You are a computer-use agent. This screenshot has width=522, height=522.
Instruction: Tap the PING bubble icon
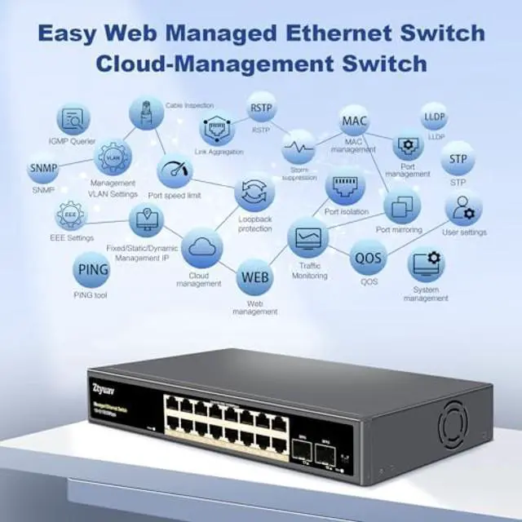(x=91, y=270)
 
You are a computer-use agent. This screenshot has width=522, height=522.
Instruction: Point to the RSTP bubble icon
(x=261, y=108)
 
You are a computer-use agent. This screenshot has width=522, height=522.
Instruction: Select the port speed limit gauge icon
(x=175, y=174)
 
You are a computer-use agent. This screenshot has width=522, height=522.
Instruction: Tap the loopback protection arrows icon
(x=254, y=193)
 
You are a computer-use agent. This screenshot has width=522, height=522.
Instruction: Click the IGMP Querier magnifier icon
(x=73, y=120)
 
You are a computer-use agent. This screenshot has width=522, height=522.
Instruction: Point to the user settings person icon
(x=463, y=209)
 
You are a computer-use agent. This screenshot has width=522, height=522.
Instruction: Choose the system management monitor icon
(x=426, y=265)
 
